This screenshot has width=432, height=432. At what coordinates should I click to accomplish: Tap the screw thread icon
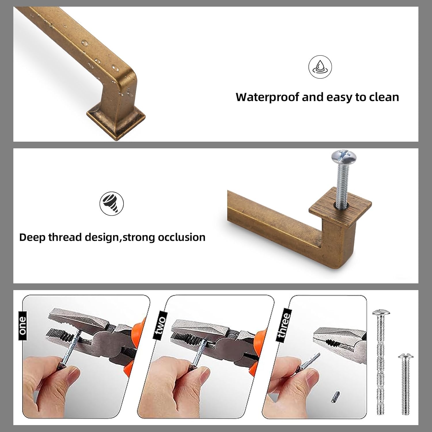(111, 203)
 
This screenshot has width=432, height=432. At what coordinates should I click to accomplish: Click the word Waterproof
(268, 97)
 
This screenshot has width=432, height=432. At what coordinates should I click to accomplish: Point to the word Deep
(32, 237)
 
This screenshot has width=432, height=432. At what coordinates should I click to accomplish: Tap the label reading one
(22, 325)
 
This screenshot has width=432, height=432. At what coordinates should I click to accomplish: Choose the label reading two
(160, 325)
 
